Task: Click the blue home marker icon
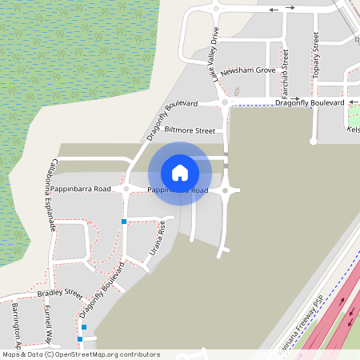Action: pyautogui.click(x=180, y=172)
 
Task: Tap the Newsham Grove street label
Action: pyautogui.click(x=248, y=71)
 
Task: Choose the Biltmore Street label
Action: pyautogui.click(x=190, y=130)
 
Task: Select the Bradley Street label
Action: pyautogui.click(x=60, y=294)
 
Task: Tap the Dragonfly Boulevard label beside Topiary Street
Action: pyautogui.click(x=310, y=103)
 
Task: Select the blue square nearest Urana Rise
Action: pyautogui.click(x=124, y=221)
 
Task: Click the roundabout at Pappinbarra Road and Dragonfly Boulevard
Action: pyautogui.click(x=126, y=190)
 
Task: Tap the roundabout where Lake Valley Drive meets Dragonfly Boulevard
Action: pyautogui.click(x=225, y=102)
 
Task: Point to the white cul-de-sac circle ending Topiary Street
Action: pyautogui.click(x=314, y=142)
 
